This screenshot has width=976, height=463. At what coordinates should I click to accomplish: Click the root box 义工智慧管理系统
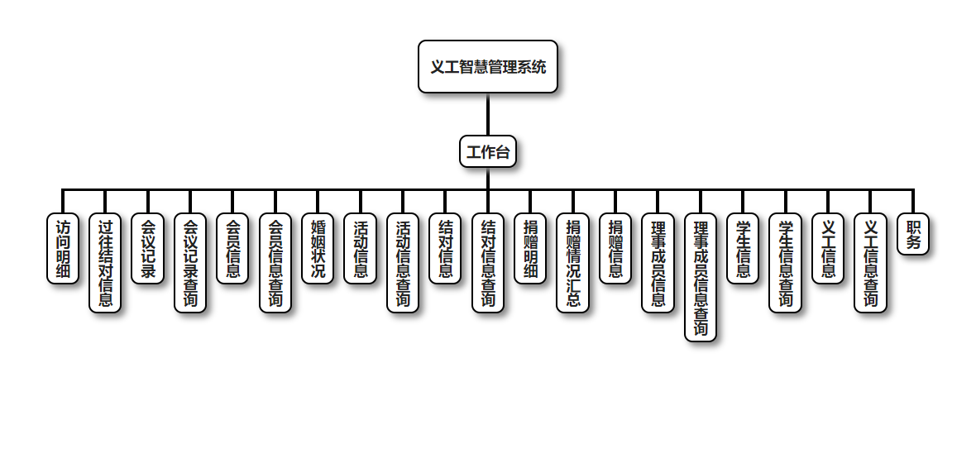488,67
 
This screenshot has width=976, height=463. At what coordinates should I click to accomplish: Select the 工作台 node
488,151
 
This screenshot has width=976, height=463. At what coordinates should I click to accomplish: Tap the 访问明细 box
63,248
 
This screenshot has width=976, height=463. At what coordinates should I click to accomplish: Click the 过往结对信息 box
105,262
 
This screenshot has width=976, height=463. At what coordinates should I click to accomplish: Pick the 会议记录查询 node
190,262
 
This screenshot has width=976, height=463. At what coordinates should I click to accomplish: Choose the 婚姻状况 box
318,248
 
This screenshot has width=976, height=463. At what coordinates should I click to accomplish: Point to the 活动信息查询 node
403,262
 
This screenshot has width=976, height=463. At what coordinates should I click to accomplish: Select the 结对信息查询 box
488,262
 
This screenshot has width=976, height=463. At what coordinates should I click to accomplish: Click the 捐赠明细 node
530,248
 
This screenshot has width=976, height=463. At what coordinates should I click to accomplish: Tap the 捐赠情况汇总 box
573,262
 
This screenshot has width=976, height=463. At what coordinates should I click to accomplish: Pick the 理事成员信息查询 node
701,277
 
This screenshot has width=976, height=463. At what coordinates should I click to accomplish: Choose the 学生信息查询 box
786,262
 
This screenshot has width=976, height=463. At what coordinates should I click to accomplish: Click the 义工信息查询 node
870,262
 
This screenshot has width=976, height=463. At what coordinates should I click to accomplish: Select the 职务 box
913,234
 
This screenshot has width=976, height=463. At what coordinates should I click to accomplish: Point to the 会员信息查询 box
275,262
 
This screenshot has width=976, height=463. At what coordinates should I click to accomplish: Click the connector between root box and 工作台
488,114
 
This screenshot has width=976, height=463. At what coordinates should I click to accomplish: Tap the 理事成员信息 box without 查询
658,262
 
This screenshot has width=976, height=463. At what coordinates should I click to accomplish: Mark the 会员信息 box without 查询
233,248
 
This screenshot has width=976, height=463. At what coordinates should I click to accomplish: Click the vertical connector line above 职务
913,201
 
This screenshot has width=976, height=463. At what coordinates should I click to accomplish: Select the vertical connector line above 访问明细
63,201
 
